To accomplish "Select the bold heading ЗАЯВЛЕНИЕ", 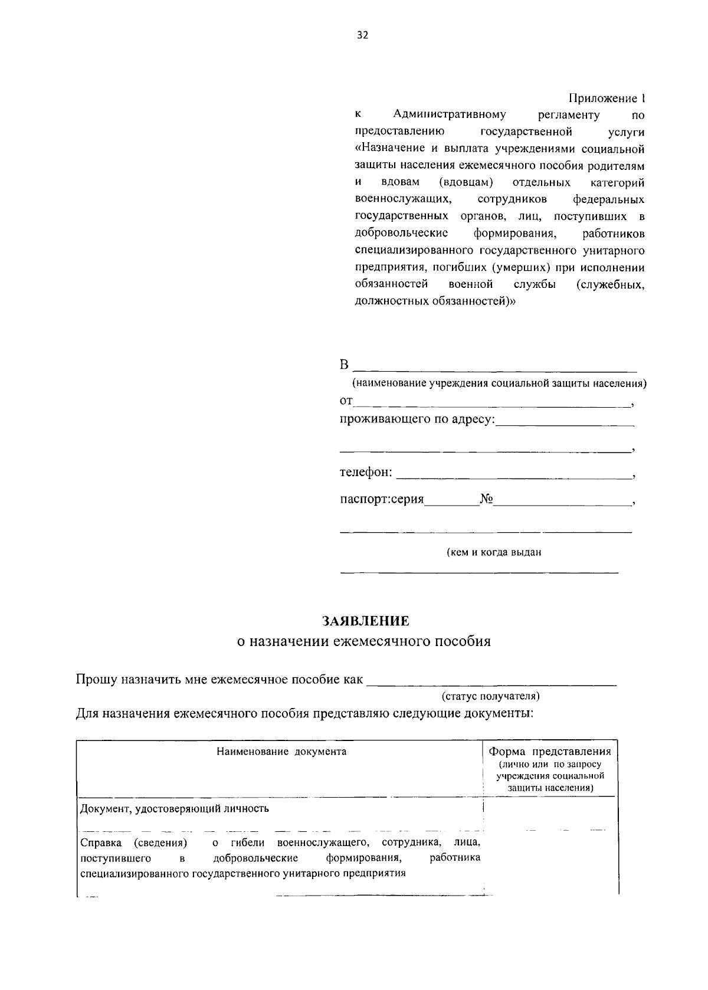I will click(x=365, y=621).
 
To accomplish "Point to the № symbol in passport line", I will click(x=486, y=499).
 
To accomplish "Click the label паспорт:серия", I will click(x=382, y=500).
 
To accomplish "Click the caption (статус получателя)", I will click(x=491, y=696).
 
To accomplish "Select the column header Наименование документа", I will click(x=281, y=752).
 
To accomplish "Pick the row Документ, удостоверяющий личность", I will click(x=175, y=808).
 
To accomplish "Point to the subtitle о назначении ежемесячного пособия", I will click(x=363, y=641).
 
